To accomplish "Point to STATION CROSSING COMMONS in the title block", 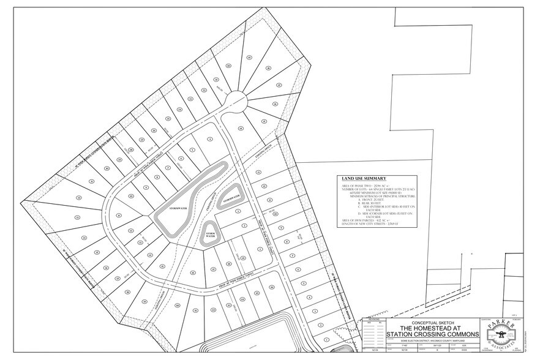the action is click(426, 334).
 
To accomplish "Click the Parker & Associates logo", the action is click(500, 336).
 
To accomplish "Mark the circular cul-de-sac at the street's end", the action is click(234, 99).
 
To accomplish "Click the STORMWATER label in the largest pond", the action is click(167, 208).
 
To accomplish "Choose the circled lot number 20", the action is click(228, 65).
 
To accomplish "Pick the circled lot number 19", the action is click(249, 57).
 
